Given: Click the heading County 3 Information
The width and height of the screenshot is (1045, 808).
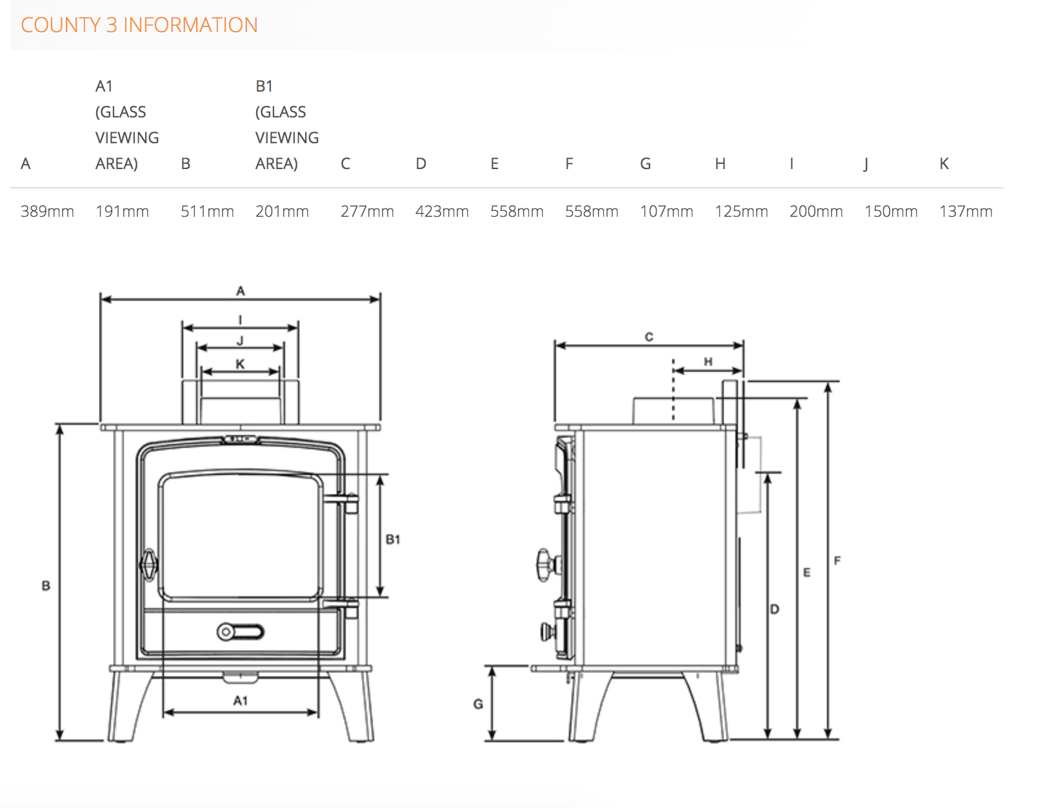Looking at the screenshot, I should pos(139,25).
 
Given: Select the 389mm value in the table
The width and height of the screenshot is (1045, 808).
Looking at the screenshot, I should pos(47,212).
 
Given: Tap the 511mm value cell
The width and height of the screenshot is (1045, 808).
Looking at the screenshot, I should pos(207,212).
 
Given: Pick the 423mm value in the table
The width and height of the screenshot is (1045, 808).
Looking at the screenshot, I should pos(442,212).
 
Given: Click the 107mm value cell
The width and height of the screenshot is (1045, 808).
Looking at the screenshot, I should pos(666,212).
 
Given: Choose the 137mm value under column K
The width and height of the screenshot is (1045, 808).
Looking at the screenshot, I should pos(966,212).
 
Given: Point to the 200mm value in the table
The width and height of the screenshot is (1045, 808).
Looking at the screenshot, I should pos(816,212).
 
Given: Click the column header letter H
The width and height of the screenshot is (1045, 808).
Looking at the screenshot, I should pos(720,164).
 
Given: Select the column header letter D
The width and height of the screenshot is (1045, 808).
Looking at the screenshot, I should pos(421,164).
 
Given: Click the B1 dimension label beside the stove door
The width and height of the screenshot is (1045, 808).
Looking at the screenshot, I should pos(393,540).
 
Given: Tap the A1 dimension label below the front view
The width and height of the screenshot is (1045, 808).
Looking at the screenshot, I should pos(240,701).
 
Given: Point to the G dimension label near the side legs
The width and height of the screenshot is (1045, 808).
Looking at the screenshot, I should pos(478,704).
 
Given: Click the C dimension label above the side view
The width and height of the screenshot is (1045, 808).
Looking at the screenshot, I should pos(649,337).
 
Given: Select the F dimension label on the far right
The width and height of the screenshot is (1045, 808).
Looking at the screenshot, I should pos(837,561).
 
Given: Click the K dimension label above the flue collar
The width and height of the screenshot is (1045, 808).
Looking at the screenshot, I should pos(240,364).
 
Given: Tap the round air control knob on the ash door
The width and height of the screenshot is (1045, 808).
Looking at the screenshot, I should pos(226,632).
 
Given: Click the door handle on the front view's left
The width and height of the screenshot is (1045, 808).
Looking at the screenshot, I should pos(149,565).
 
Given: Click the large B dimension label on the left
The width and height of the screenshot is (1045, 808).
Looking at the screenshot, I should pos(46,586).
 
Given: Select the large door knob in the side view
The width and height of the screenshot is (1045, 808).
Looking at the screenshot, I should pos(546,565).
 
